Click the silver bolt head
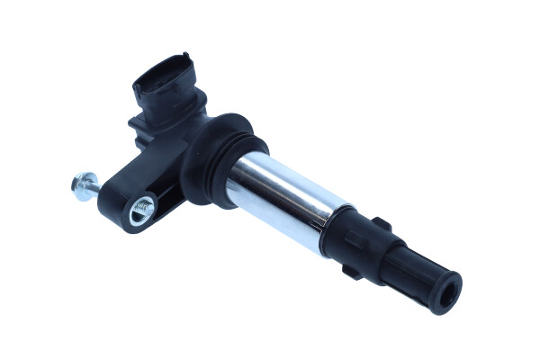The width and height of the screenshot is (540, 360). (x=77, y=184)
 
